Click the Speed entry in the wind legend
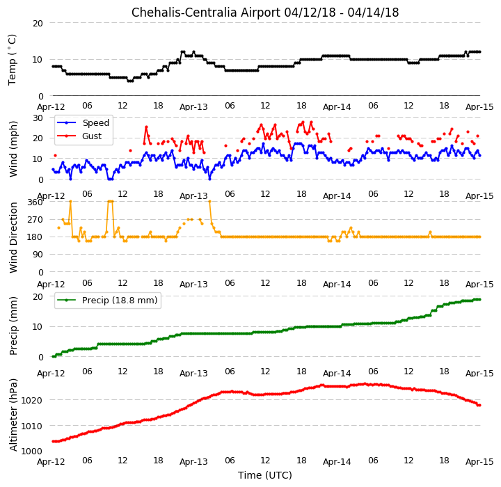(x=83, y=122)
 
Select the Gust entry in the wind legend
(x=79, y=136)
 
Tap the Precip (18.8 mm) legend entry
(x=107, y=301)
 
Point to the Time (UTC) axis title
(x=265, y=475)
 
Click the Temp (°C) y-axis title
(x=12, y=60)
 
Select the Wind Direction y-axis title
(x=13, y=237)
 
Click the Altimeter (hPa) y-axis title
(x=13, y=415)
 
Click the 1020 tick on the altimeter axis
(x=31, y=401)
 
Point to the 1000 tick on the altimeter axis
(x=31, y=451)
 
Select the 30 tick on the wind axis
(x=38, y=118)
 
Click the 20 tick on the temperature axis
(x=38, y=24)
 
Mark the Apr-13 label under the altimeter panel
(x=193, y=462)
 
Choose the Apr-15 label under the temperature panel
(x=479, y=107)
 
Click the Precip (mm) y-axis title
(x=13, y=326)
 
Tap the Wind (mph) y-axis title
(x=13, y=149)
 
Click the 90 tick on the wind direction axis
(x=38, y=255)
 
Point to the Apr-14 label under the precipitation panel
(x=337, y=373)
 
